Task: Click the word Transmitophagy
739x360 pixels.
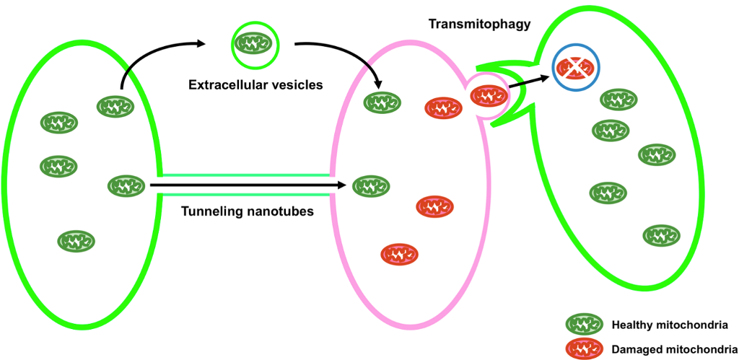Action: click(479, 24)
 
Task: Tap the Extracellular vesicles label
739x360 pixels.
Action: click(255, 84)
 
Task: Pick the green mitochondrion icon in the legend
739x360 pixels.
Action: click(584, 325)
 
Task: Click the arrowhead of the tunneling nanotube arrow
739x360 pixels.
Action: click(344, 186)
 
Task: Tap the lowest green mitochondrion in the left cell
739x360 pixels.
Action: click(76, 240)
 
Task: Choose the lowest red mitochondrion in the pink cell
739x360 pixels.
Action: click(400, 254)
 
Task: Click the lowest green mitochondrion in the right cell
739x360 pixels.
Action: click(661, 235)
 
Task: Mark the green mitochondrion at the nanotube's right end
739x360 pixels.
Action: click(371, 186)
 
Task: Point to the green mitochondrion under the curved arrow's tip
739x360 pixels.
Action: click(382, 103)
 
